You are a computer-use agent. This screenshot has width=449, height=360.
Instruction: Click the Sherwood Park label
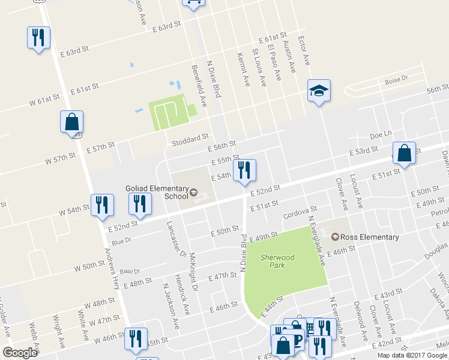(x=277, y=262)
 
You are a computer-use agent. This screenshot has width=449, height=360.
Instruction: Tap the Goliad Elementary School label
(x=155, y=192)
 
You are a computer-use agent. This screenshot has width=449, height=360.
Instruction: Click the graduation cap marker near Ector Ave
(x=319, y=91)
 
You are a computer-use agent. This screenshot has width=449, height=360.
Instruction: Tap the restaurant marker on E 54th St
(x=244, y=171)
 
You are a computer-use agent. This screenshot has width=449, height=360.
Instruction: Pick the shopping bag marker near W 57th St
(x=71, y=122)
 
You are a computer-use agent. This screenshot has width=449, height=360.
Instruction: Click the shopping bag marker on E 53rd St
(x=405, y=154)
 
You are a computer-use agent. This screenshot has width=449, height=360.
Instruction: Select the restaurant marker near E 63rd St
(x=38, y=38)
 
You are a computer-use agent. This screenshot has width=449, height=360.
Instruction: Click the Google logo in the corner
(x=20, y=353)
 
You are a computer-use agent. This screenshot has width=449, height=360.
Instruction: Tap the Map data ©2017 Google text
(x=412, y=355)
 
